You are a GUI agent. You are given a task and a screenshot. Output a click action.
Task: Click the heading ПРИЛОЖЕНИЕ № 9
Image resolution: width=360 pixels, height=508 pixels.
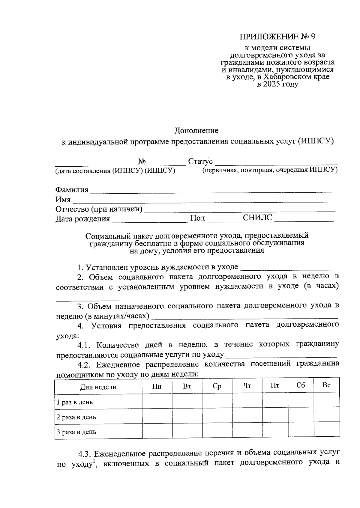pyautogui.click(x=277, y=37)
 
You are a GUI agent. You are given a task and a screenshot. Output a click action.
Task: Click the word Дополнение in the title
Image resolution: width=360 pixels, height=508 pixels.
pyautogui.click(x=196, y=131)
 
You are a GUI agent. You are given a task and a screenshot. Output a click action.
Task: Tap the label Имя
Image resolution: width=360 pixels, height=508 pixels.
pyautogui.click(x=63, y=200)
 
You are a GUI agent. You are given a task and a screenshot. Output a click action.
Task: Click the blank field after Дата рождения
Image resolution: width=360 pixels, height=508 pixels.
pyautogui.click(x=149, y=219)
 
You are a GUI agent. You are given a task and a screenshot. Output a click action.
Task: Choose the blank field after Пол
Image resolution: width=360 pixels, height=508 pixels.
pyautogui.click(x=223, y=219)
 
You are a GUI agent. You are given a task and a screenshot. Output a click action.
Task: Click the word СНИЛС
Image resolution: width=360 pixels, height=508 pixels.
pyautogui.click(x=257, y=218)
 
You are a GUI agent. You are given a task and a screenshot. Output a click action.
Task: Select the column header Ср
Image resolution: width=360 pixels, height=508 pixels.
pyautogui.click(x=217, y=386)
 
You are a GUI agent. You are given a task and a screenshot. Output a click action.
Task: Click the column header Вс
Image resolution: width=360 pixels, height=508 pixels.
pyautogui.click(x=326, y=385)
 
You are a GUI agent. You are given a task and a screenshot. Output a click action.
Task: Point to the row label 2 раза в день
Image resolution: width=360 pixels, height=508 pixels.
pyautogui.click(x=76, y=417)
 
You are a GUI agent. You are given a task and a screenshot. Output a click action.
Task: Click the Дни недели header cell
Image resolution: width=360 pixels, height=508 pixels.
pyautogui.click(x=98, y=387)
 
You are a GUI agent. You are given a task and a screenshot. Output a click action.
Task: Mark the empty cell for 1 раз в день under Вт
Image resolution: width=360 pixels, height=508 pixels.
pyautogui.click(x=187, y=401)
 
